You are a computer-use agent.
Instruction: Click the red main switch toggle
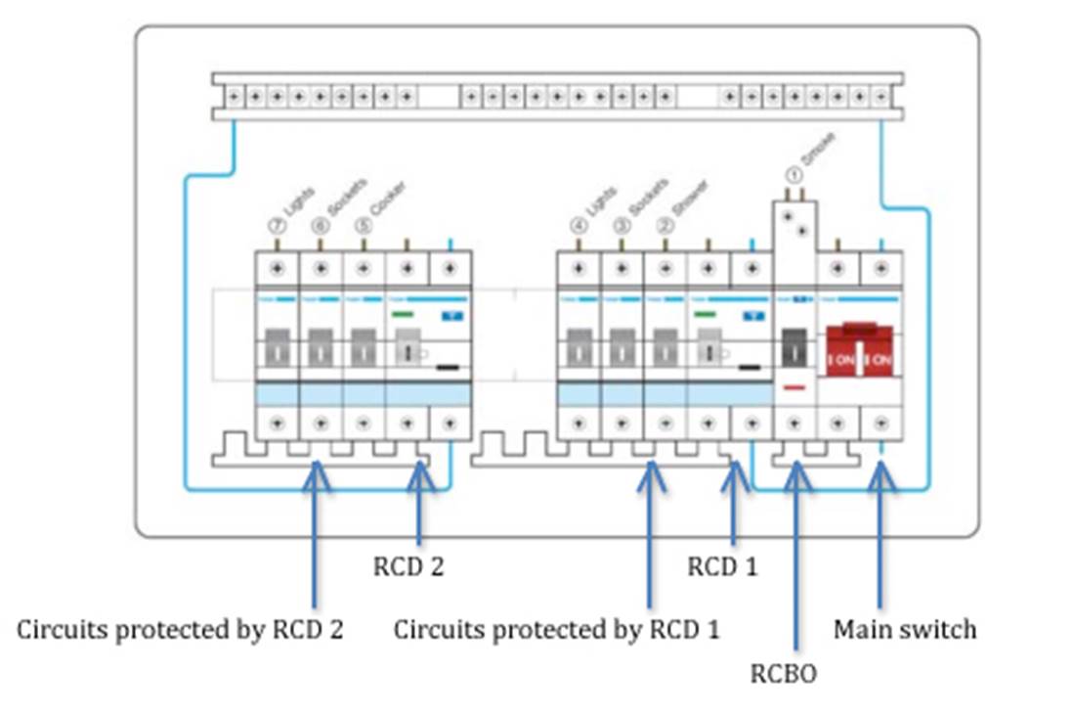[860, 349]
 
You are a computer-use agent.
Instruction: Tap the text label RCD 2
[408, 566]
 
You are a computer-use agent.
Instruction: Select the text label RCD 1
[722, 566]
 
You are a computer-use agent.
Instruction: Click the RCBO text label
[783, 673]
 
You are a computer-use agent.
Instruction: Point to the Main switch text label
[904, 629]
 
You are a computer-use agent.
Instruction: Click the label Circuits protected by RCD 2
[180, 630]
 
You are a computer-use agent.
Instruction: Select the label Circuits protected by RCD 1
[556, 630]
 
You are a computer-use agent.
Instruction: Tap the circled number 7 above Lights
[277, 224]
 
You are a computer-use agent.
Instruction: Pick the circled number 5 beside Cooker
[363, 224]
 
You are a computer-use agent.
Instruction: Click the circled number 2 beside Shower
[665, 224]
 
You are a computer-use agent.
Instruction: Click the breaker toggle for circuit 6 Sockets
[320, 347]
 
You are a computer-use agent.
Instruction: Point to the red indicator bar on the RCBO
[794, 387]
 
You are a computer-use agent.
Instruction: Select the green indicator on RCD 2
[404, 315]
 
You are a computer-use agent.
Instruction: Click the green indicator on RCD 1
[705, 315]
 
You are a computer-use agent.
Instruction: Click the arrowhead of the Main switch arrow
[881, 471]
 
